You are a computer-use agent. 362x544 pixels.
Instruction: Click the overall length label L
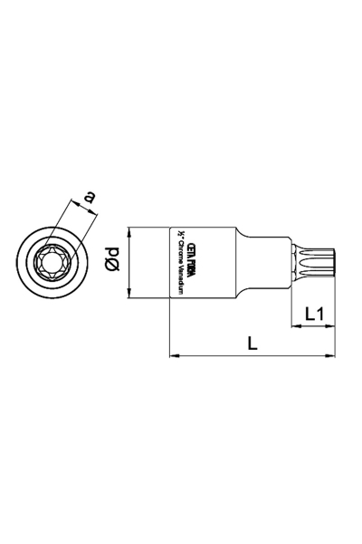pos(252,344)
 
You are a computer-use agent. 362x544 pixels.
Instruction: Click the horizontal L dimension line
pos(253,356)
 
